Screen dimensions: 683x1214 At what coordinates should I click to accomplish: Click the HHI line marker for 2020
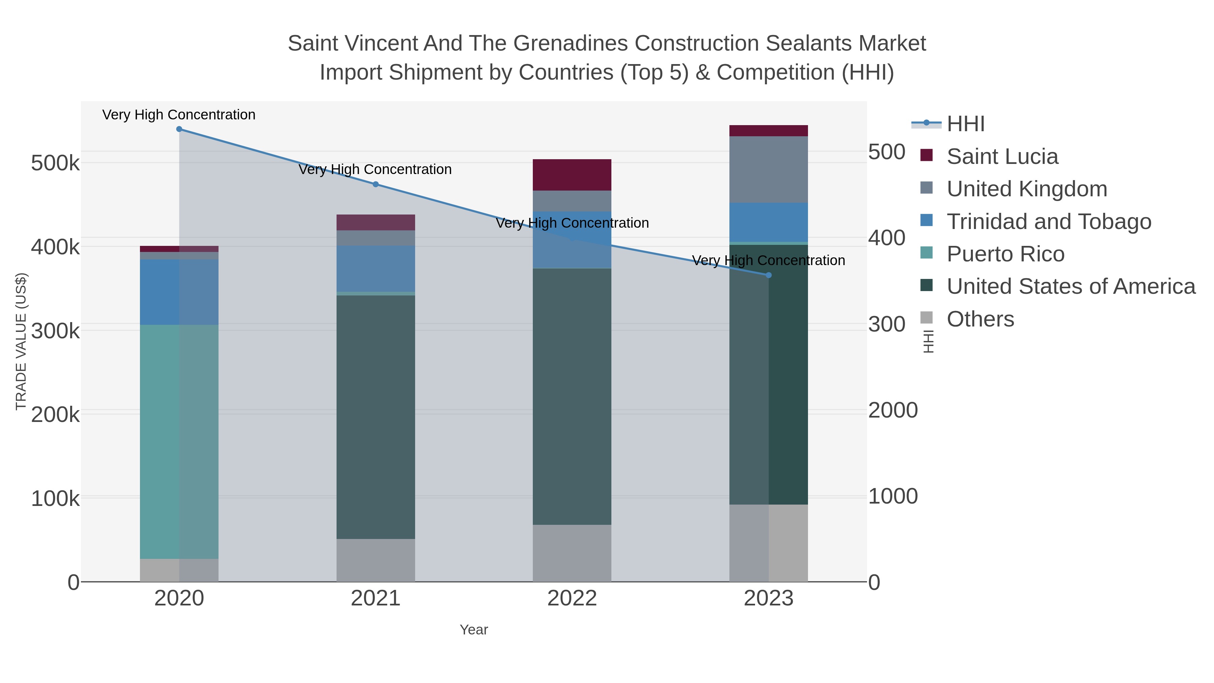(x=179, y=129)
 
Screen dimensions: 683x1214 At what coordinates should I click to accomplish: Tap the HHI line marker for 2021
(x=376, y=184)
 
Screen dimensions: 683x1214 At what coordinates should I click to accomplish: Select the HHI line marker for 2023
(x=769, y=275)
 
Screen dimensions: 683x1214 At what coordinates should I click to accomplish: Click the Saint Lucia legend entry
(x=1002, y=156)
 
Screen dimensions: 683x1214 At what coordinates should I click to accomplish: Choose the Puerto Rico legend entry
(x=1005, y=254)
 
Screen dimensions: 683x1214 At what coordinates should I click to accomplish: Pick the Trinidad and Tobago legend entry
(x=1048, y=222)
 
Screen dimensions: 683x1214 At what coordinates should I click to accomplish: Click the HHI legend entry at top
(x=965, y=124)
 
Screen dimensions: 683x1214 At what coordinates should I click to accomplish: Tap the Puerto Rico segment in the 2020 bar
(x=179, y=442)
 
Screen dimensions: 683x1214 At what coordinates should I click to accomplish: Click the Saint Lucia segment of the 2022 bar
(x=572, y=175)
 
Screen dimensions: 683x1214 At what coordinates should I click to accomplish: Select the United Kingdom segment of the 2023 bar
(x=769, y=170)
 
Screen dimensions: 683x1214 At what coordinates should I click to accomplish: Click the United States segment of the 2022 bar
(x=572, y=396)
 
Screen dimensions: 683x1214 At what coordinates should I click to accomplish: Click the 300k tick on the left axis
(x=55, y=331)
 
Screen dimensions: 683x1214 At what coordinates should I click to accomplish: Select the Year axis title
(x=474, y=630)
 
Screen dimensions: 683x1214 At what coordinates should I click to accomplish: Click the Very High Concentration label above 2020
(x=179, y=115)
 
